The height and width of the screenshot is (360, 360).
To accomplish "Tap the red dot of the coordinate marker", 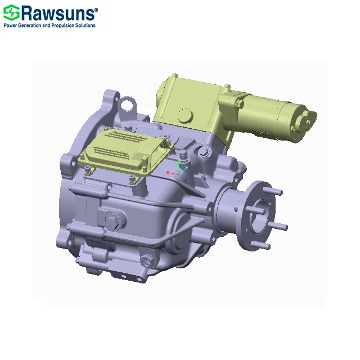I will pyautogui.click(x=168, y=172).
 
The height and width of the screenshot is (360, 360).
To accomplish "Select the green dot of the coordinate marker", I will pyautogui.click(x=179, y=163).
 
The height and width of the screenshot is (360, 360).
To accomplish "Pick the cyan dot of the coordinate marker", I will pyautogui.click(x=186, y=168).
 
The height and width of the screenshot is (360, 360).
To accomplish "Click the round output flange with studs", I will pyautogui.click(x=254, y=214).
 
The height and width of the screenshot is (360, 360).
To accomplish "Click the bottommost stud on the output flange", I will pyautogui.click(x=265, y=246).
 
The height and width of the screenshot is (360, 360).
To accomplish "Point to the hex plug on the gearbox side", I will pyautogui.click(x=113, y=220).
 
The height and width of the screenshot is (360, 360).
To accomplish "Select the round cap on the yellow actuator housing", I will pyautogui.click(x=184, y=117).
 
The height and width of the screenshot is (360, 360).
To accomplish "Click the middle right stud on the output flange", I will pyautogui.click(x=281, y=226).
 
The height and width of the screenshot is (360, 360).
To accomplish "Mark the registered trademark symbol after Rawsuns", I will pyautogui.click(x=96, y=9).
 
